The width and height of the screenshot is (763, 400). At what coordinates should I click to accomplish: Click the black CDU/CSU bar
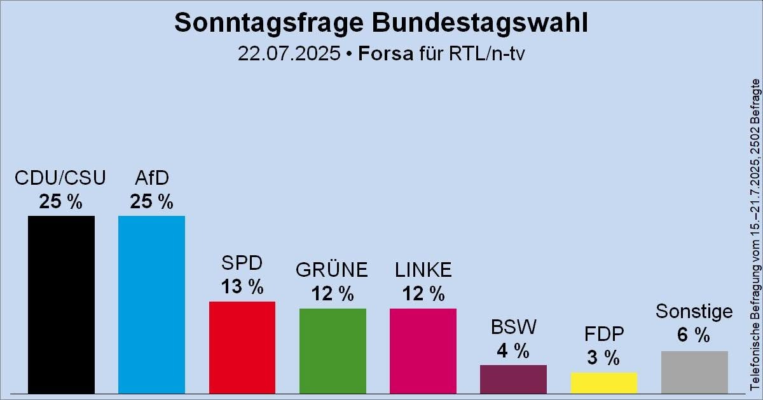[x=61, y=304]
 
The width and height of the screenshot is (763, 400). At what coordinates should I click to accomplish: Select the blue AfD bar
[x=151, y=304]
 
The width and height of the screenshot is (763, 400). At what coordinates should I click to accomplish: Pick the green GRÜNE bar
[x=333, y=350]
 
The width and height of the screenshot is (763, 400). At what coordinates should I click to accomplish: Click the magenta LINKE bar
[x=423, y=350]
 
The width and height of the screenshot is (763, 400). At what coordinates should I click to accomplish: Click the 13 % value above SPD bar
[x=242, y=286]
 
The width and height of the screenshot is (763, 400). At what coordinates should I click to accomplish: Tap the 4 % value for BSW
[x=513, y=350]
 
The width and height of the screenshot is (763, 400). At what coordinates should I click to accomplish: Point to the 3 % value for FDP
[x=604, y=357]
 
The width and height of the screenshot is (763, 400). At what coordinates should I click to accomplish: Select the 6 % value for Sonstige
[x=694, y=335]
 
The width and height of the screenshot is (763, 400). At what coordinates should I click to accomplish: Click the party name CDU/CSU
[x=61, y=177]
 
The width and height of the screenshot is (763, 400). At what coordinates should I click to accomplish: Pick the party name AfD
[x=151, y=177]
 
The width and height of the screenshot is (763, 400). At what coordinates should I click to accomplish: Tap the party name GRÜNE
[x=333, y=270]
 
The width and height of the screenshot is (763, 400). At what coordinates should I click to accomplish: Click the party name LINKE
[x=423, y=270]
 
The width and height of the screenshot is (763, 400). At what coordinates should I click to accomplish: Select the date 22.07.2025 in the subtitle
[x=289, y=53]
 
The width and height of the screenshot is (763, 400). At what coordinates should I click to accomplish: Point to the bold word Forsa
[x=385, y=53]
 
